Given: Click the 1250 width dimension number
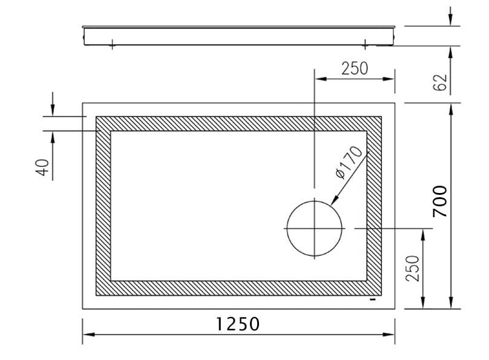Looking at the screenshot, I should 238,324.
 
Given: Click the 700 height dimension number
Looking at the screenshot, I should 440,201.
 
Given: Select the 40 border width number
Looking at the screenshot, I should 42,167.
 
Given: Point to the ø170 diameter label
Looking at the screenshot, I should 349,162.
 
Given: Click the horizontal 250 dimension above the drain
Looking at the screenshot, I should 354,68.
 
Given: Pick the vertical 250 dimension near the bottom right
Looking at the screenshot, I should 412,268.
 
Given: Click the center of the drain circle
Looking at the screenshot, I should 314,228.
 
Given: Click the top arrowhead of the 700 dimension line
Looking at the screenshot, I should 451,108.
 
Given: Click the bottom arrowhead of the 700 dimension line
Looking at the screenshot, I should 451,304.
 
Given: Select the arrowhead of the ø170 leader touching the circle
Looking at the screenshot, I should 333,201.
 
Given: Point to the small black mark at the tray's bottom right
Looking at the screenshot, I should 373,299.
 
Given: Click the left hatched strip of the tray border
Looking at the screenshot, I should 103,206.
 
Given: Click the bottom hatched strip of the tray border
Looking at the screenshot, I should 239,288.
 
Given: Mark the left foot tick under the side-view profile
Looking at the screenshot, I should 112,44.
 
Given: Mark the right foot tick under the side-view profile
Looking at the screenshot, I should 366,44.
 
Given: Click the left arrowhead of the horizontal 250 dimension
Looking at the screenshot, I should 319,78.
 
